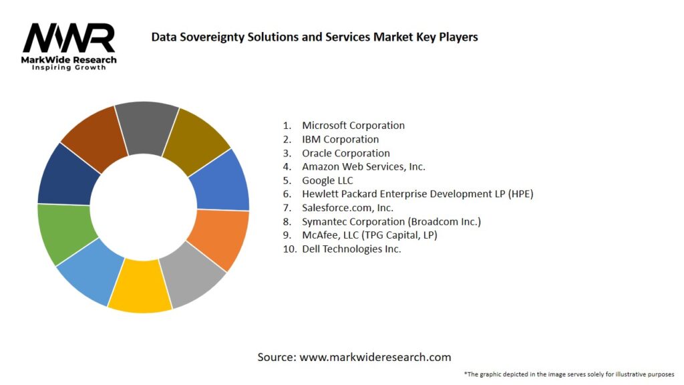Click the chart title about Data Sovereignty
click(x=314, y=37)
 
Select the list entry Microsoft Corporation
click(x=353, y=125)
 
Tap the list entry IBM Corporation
click(x=340, y=139)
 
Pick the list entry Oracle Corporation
click(x=345, y=153)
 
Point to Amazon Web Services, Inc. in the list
click(x=363, y=166)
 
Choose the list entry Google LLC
click(x=327, y=180)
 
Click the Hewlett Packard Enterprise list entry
click(x=417, y=194)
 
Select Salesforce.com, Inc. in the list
click(x=347, y=208)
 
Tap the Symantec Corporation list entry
click(x=391, y=221)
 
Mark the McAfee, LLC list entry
click(x=369, y=235)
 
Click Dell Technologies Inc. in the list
click(x=351, y=249)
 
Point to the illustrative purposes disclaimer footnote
click(x=568, y=374)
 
